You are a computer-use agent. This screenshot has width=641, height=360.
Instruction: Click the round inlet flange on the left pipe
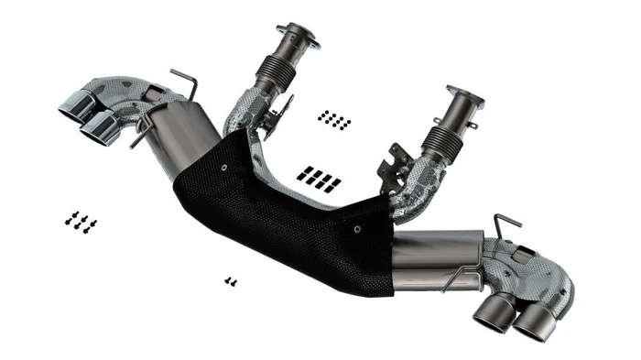pos(300,38)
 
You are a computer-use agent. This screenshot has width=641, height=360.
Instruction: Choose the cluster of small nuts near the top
pos(334,119)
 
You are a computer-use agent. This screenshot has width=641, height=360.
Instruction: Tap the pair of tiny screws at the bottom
pos(230,281)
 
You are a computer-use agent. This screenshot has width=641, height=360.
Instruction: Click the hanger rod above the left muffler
pos(185,82)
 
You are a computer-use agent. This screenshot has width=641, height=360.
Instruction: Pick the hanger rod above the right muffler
pos(507,224)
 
